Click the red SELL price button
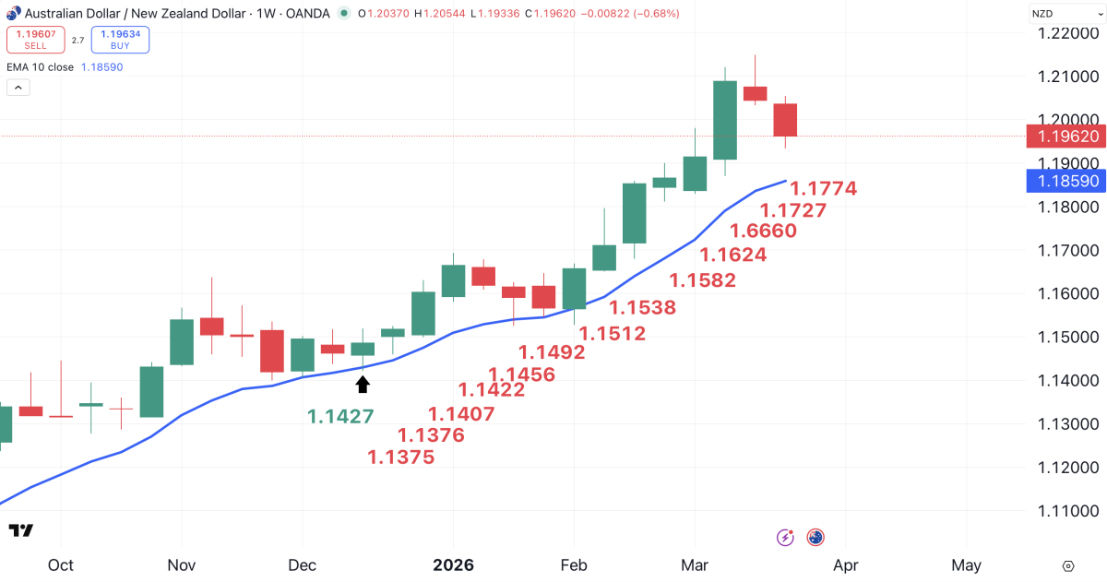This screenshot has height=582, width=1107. pyautogui.click(x=35, y=40)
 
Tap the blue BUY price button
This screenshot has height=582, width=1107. pyautogui.click(x=120, y=40)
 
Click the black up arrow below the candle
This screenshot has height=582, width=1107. pyautogui.click(x=363, y=384)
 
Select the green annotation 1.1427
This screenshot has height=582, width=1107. pyautogui.click(x=340, y=417)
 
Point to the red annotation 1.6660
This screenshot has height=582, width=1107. pyautogui.click(x=763, y=231)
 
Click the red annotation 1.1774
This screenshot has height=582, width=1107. pyautogui.click(x=824, y=189)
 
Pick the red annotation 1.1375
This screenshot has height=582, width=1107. pyautogui.click(x=400, y=457)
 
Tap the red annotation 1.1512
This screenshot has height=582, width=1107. pyautogui.click(x=612, y=334)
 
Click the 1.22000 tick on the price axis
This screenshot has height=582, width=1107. pyautogui.click(x=1068, y=33)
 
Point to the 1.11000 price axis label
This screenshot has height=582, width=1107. pyautogui.click(x=1068, y=511)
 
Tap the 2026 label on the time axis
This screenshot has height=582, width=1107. pyautogui.click(x=453, y=564)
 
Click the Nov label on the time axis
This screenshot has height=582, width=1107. pyautogui.click(x=182, y=564)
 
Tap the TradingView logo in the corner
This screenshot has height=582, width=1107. pyautogui.click(x=20, y=530)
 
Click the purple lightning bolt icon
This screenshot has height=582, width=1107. pyautogui.click(x=786, y=537)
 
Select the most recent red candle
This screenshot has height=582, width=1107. pyautogui.click(x=785, y=120)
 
